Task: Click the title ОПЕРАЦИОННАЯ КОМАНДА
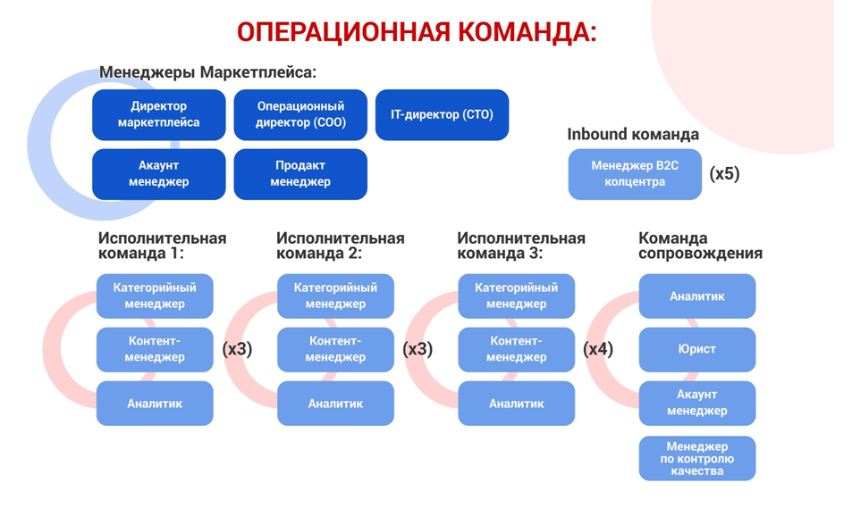click(417, 33)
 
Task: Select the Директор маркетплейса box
click(159, 114)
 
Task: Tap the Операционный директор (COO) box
click(300, 114)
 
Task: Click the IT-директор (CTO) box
click(442, 114)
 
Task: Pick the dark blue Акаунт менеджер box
click(159, 173)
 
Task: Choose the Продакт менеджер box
click(300, 173)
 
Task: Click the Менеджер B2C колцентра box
click(635, 173)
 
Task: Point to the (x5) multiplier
click(724, 173)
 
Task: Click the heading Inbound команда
click(632, 134)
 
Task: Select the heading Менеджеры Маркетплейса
click(207, 72)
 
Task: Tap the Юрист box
click(696, 349)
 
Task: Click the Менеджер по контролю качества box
click(696, 458)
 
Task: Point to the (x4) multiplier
click(598, 349)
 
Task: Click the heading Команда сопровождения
click(700, 246)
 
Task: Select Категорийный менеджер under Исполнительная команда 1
click(155, 296)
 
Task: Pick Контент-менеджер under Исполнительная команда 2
click(335, 349)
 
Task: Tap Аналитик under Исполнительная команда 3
click(516, 404)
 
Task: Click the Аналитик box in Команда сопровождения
click(696, 296)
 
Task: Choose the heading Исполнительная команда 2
click(340, 246)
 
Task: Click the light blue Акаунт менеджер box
click(696, 404)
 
